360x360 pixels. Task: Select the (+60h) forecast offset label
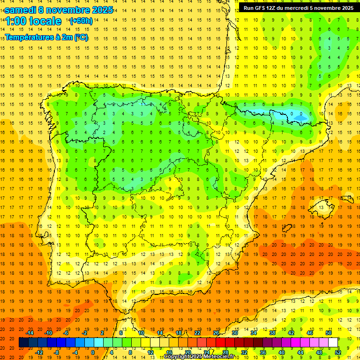pos(81,21)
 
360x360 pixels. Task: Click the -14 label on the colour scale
pos(30,333)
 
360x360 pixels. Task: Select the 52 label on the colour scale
pos(338,352)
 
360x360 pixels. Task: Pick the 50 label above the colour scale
pos(328,333)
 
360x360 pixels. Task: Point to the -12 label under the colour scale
pos(39,352)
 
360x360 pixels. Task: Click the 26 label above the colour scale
pos(216,333)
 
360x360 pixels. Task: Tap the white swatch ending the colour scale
pos(333,343)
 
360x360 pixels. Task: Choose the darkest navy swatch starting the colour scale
pos(23,343)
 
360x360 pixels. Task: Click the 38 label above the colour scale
pos(272,333)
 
